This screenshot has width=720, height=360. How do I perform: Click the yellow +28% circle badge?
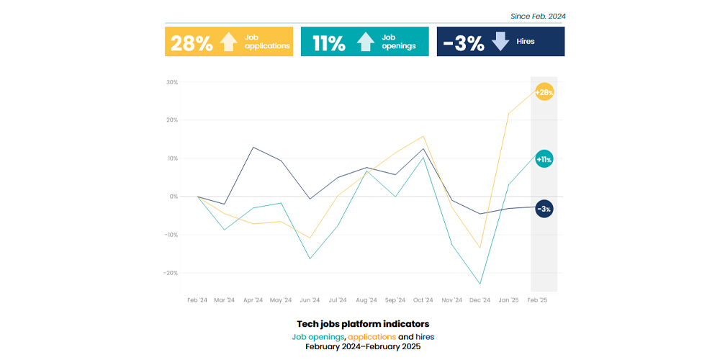click(544, 92)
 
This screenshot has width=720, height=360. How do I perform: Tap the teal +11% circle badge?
click(544, 159)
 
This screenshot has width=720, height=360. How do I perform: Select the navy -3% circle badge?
click(544, 209)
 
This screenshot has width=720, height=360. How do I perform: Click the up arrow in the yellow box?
click(228, 42)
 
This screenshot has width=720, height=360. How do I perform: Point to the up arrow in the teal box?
click(365, 42)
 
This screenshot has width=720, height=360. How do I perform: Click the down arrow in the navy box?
click(500, 42)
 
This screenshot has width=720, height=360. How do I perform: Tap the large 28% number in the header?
click(190, 43)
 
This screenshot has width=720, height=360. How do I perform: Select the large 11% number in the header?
click(329, 43)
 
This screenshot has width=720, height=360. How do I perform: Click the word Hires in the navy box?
click(526, 42)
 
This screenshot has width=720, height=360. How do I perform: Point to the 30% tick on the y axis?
click(171, 82)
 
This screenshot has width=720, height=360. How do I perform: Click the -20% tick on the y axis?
click(170, 273)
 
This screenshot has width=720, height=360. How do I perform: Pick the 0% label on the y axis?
click(174, 197)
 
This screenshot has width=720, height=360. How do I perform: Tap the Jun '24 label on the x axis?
click(310, 300)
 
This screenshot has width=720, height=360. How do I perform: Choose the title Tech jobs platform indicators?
click(362, 324)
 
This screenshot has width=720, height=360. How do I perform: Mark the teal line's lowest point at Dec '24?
click(480, 284)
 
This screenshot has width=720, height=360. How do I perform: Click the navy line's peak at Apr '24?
click(253, 147)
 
